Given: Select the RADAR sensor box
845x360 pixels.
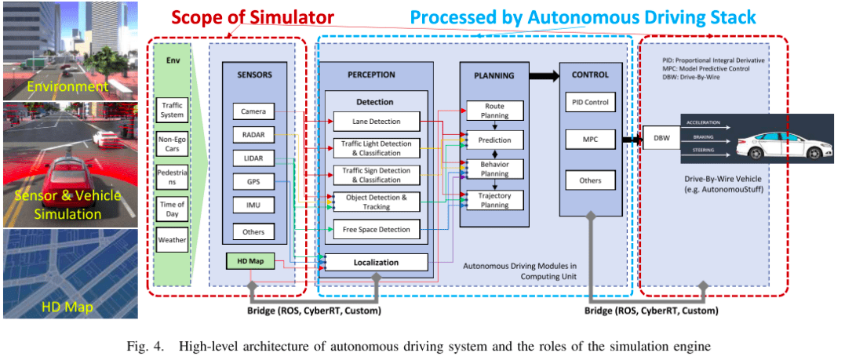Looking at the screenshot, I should click(x=253, y=135).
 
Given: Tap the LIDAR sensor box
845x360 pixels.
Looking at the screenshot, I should click(x=253, y=159).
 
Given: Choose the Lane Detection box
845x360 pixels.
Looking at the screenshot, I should click(x=376, y=121).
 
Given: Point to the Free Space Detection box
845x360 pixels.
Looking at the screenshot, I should click(x=376, y=229).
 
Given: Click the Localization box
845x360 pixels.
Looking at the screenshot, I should click(x=376, y=263).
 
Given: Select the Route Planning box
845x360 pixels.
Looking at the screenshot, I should click(x=495, y=111).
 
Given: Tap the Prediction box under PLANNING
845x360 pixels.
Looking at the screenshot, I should click(x=495, y=140).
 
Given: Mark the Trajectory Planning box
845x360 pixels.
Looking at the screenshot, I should click(x=495, y=200).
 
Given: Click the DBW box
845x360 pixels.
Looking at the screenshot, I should click(x=661, y=140).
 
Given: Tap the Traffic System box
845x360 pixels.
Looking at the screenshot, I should click(x=172, y=110).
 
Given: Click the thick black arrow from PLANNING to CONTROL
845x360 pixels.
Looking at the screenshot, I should click(x=541, y=76).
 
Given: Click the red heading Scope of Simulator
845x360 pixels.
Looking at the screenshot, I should click(x=253, y=17).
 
